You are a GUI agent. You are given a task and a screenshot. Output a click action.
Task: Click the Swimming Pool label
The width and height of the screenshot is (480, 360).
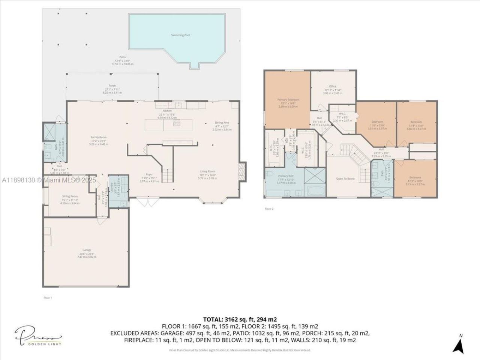pos(180,35)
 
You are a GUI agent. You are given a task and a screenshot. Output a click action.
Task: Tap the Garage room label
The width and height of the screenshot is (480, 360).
pos(87,250)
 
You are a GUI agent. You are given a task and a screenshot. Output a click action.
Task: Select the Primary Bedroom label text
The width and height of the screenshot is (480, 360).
pos(288,100)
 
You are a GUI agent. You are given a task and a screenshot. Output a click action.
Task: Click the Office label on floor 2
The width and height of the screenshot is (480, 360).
pos(333,87)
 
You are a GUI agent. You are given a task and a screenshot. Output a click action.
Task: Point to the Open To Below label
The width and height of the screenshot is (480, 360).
pos(345,179)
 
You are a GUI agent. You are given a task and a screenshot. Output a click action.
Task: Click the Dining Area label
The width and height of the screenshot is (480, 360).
pos(222,123)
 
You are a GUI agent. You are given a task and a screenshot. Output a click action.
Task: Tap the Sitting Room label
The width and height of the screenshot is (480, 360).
pos(70,196)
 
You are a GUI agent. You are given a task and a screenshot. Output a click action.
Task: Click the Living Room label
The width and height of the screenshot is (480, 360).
pos(207,171)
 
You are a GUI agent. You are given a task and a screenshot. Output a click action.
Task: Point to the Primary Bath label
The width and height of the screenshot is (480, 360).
pos(286,176)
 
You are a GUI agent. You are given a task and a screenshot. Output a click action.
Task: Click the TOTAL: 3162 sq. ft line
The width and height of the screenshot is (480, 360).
pos(240,319)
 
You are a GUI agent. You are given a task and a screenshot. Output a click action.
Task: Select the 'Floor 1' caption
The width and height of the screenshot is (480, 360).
pos(48,298)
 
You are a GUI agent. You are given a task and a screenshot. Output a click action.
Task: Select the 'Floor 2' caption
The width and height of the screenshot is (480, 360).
pos(269,209)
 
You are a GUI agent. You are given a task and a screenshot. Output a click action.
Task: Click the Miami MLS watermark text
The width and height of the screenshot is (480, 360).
pos(49,180)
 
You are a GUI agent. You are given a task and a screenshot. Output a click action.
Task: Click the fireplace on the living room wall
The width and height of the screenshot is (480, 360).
pos(243,171)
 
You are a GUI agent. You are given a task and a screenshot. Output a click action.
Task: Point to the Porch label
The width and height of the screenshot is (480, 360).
pos(112,86)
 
